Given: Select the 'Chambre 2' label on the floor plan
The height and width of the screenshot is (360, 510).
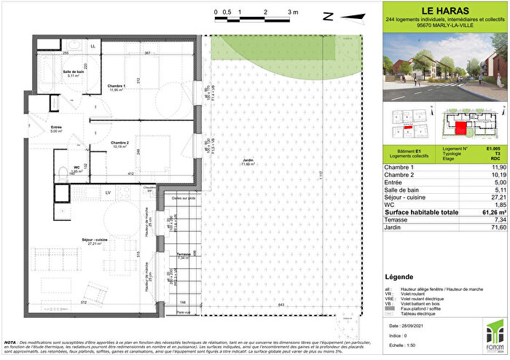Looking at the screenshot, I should click(120, 143).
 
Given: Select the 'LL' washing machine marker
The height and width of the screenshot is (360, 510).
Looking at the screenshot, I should click(93, 47).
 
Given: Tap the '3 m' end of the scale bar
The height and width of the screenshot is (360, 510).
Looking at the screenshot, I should click(293, 12).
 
